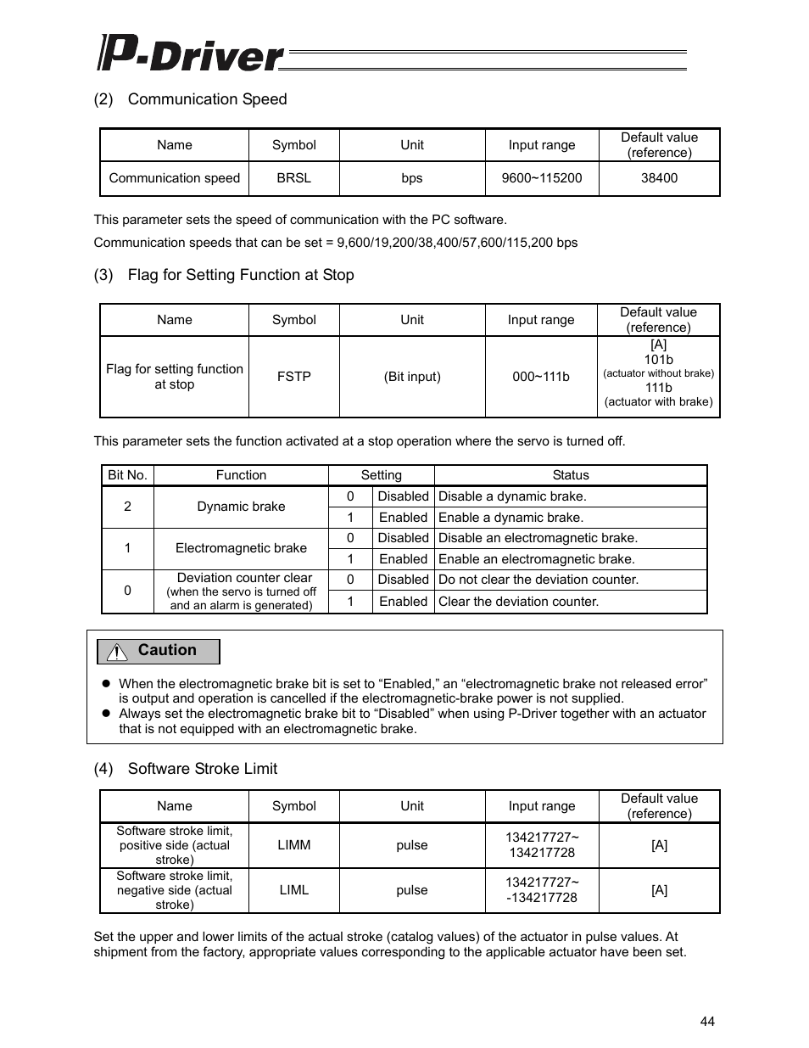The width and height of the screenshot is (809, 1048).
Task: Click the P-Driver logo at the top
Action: click(x=191, y=53)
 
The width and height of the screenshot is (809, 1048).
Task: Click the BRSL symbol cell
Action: click(x=293, y=178)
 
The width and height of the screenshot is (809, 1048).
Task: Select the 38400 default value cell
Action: click(x=659, y=178)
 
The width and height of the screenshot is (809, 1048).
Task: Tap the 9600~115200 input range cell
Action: click(x=541, y=178)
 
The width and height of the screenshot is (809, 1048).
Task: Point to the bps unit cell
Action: click(x=411, y=178)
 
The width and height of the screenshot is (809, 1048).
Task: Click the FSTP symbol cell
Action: click(x=293, y=377)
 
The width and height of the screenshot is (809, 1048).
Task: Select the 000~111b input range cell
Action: click(x=540, y=377)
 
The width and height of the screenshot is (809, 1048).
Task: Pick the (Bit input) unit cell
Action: click(x=411, y=377)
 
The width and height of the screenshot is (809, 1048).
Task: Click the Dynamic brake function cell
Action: click(x=241, y=507)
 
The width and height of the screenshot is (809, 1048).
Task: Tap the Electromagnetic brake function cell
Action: click(x=241, y=548)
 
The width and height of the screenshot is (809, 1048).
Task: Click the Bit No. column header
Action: click(x=127, y=475)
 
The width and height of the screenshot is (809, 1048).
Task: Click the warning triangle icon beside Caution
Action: click(x=116, y=652)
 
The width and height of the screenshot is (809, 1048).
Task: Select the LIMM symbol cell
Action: click(x=293, y=845)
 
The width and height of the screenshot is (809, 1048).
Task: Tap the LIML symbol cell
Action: click(x=293, y=890)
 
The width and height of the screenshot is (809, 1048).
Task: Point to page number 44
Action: click(x=707, y=1021)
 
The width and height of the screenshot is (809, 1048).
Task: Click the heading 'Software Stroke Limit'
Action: click(x=202, y=769)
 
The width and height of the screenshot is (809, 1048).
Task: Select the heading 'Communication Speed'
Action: click(x=207, y=99)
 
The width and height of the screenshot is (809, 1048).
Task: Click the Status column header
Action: click(x=570, y=475)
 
